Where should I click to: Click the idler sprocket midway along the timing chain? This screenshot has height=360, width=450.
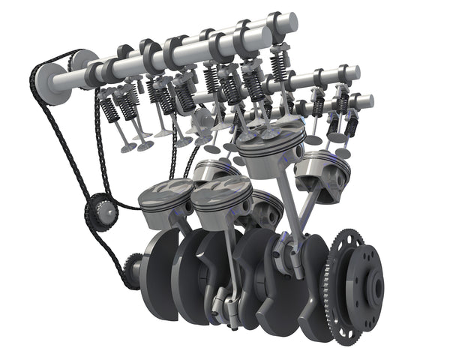pyautogui.click(x=100, y=211)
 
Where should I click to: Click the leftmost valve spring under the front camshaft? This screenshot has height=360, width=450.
pyautogui.click(x=109, y=109)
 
